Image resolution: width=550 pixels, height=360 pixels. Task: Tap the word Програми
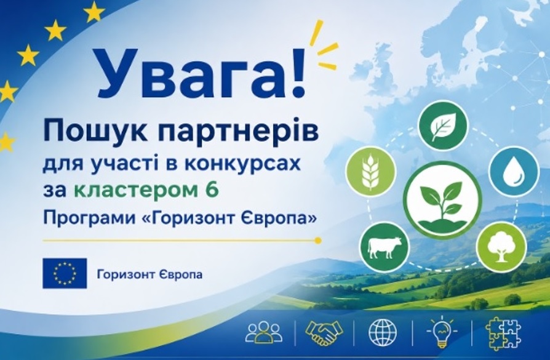(x=89, y=219)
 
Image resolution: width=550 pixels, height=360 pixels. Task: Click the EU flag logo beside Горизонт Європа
(x=65, y=273)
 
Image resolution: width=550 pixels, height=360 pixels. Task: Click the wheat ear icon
(x=371, y=172)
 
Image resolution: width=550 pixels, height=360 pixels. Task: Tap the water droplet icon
(x=514, y=172)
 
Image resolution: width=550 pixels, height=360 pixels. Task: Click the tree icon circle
(x=503, y=246)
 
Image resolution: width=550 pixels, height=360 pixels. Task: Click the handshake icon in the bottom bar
(x=324, y=331)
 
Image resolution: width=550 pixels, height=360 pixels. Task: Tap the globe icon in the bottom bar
(x=383, y=332)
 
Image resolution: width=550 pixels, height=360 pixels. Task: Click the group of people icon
(x=264, y=332)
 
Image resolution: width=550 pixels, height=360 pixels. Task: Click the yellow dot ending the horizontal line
(x=318, y=241)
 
